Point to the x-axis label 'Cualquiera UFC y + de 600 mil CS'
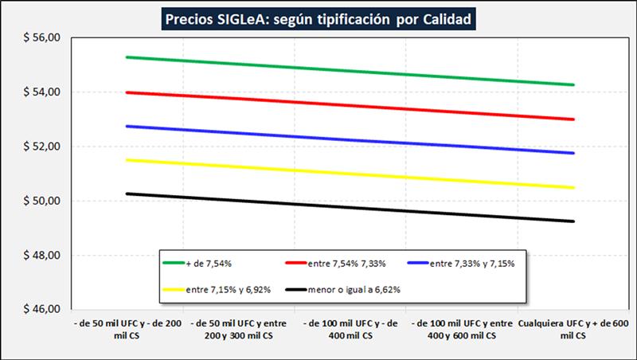[573, 331]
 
